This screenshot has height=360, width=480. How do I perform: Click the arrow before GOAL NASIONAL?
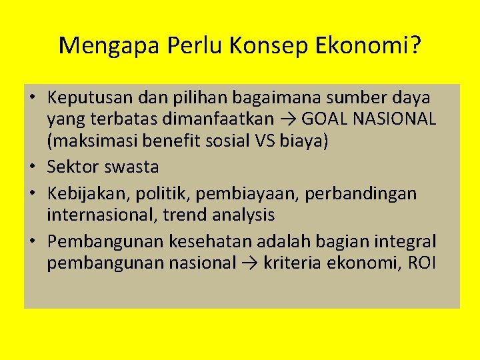[288, 120]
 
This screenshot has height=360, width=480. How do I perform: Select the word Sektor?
[71, 167]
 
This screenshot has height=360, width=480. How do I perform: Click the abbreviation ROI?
[421, 262]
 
